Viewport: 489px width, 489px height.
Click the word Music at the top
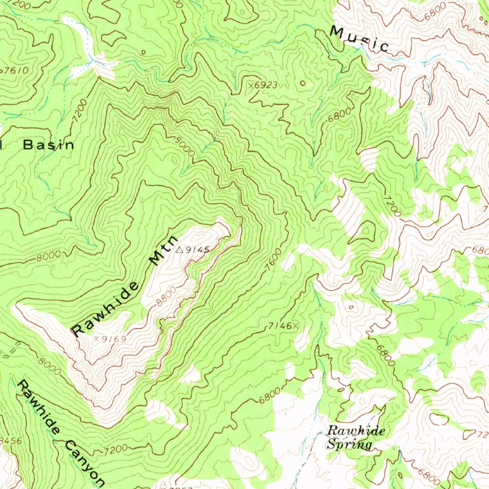[360, 39]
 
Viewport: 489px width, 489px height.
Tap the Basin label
[49, 145]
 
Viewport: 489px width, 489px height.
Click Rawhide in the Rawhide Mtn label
[106, 308]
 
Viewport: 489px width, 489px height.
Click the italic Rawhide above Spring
[356, 431]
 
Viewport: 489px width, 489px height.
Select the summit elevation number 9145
[198, 250]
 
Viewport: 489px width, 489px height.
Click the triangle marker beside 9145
[180, 249]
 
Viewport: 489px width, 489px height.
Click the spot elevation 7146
[279, 326]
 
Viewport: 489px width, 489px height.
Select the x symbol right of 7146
[295, 326]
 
